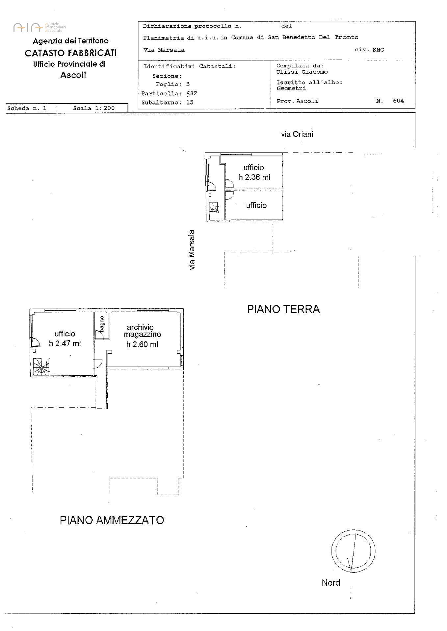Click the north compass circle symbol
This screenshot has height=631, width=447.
tap(353, 551)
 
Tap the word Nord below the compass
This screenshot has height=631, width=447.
tap(330, 583)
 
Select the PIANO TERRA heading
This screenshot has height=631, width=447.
tap(283, 309)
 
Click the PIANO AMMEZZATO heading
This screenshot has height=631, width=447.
tap(112, 520)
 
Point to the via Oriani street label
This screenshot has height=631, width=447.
tap(297, 134)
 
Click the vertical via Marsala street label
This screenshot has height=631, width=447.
tap(192, 250)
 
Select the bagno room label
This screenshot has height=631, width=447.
tap(102, 323)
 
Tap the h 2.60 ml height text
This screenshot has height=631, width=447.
tap(142, 344)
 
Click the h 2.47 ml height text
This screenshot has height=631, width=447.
tap(65, 344)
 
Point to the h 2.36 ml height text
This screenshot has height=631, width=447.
tap(254, 177)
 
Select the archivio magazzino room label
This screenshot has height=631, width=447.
tap(142, 331)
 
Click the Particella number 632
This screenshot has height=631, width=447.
tap(192, 93)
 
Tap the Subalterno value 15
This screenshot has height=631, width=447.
tap(190, 102)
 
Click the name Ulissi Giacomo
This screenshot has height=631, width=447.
tap(302, 72)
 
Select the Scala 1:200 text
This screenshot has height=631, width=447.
tap(94, 108)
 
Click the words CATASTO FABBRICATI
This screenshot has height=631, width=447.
tap(71, 53)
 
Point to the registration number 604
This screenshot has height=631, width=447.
tap(398, 101)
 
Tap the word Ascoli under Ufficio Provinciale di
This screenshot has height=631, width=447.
tap(73, 75)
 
